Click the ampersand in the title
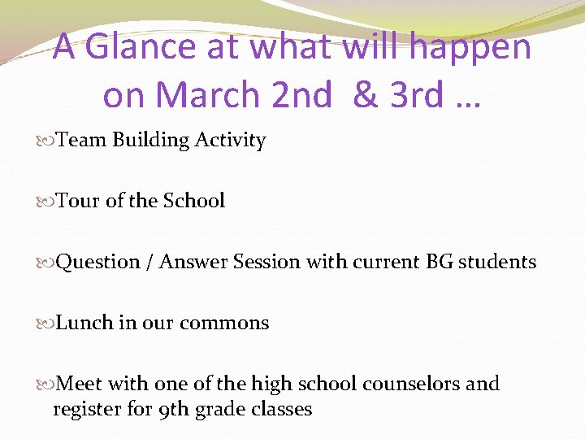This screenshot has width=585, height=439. (366, 95)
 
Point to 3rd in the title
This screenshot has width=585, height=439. (416, 95)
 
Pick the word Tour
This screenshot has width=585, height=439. (79, 201)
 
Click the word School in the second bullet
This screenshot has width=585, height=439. (194, 201)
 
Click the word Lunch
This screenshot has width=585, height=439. (86, 323)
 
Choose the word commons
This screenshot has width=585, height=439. (224, 323)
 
